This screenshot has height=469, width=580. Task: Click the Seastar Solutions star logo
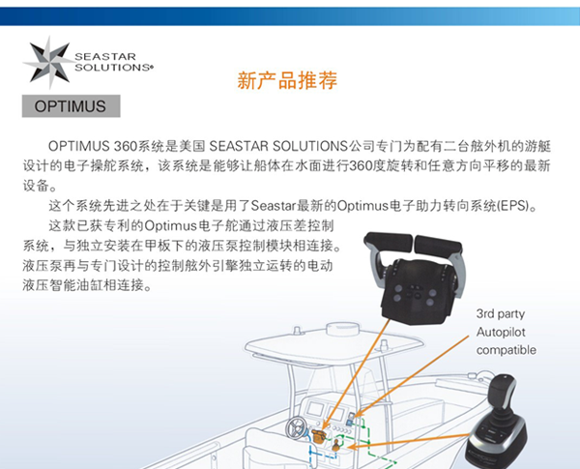(x=49, y=63)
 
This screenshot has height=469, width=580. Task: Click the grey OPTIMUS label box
(x=71, y=106)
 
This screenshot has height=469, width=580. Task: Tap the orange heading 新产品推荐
(x=287, y=80)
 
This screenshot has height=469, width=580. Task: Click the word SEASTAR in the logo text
(x=105, y=57)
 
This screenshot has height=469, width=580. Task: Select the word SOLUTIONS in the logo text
(x=112, y=68)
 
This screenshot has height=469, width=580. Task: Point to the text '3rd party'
(x=501, y=314)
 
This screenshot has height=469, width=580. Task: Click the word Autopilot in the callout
(x=501, y=332)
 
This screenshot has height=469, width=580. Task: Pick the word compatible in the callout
(x=506, y=350)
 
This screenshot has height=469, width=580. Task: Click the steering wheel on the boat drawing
(x=297, y=427)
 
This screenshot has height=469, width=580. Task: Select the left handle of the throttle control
(x=388, y=242)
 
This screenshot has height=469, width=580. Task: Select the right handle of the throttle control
(x=438, y=245)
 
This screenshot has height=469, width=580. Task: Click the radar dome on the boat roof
(x=343, y=329)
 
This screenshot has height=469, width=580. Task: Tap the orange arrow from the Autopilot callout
(x=412, y=377)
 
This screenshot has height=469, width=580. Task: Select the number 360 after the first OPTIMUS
(x=125, y=146)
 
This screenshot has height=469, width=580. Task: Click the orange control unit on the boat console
(x=318, y=436)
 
